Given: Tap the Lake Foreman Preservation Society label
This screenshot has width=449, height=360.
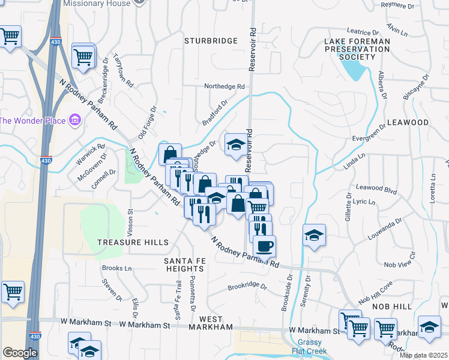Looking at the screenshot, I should (x=357, y=49).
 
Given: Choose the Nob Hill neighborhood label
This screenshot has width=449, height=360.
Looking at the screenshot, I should (x=393, y=307).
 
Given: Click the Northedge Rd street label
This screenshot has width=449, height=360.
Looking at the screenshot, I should (x=224, y=86).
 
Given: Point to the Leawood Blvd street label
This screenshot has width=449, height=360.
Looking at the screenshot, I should (x=377, y=189).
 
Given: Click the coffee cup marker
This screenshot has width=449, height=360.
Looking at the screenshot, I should (x=264, y=245).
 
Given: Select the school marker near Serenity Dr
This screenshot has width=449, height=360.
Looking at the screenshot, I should (x=313, y=235).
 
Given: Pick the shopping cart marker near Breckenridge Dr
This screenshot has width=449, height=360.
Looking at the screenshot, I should (x=84, y=57).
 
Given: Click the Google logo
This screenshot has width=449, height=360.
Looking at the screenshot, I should (x=20, y=353).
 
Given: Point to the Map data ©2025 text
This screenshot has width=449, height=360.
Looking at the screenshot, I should (x=423, y=355).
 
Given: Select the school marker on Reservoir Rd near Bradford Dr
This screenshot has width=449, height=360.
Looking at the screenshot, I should (x=237, y=144).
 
